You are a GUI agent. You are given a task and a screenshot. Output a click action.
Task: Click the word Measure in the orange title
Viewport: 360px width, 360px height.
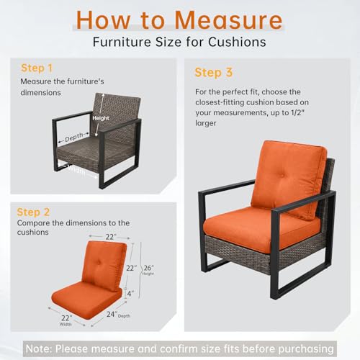point(228,20)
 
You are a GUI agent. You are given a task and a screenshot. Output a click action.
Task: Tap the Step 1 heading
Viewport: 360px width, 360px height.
point(37,68)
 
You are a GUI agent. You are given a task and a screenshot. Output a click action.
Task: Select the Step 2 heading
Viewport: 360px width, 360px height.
point(33,212)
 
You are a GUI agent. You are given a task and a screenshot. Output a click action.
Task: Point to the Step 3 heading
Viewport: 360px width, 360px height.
point(214,73)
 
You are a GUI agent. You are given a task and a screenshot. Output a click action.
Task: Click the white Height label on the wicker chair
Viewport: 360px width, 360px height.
point(101,118)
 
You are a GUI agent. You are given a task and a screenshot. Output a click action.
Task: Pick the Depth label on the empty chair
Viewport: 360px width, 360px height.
point(74,137)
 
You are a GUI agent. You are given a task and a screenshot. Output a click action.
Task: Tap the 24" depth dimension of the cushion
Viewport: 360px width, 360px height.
point(112,314)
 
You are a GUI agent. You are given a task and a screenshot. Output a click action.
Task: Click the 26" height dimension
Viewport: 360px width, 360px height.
point(148,268)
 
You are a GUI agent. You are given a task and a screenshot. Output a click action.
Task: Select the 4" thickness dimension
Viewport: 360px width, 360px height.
point(130,293)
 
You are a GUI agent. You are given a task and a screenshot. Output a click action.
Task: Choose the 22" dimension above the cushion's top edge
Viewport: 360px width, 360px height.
point(111,237)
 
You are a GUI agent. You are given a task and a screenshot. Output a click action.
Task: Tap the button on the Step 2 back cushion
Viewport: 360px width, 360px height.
point(99,263)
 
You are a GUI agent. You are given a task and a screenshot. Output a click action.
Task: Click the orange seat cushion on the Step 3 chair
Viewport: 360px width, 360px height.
point(261,227)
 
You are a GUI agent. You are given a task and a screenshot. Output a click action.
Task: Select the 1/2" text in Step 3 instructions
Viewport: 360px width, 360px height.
point(297,112)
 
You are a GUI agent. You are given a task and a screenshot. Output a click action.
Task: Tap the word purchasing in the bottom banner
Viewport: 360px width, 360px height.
point(306,349)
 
